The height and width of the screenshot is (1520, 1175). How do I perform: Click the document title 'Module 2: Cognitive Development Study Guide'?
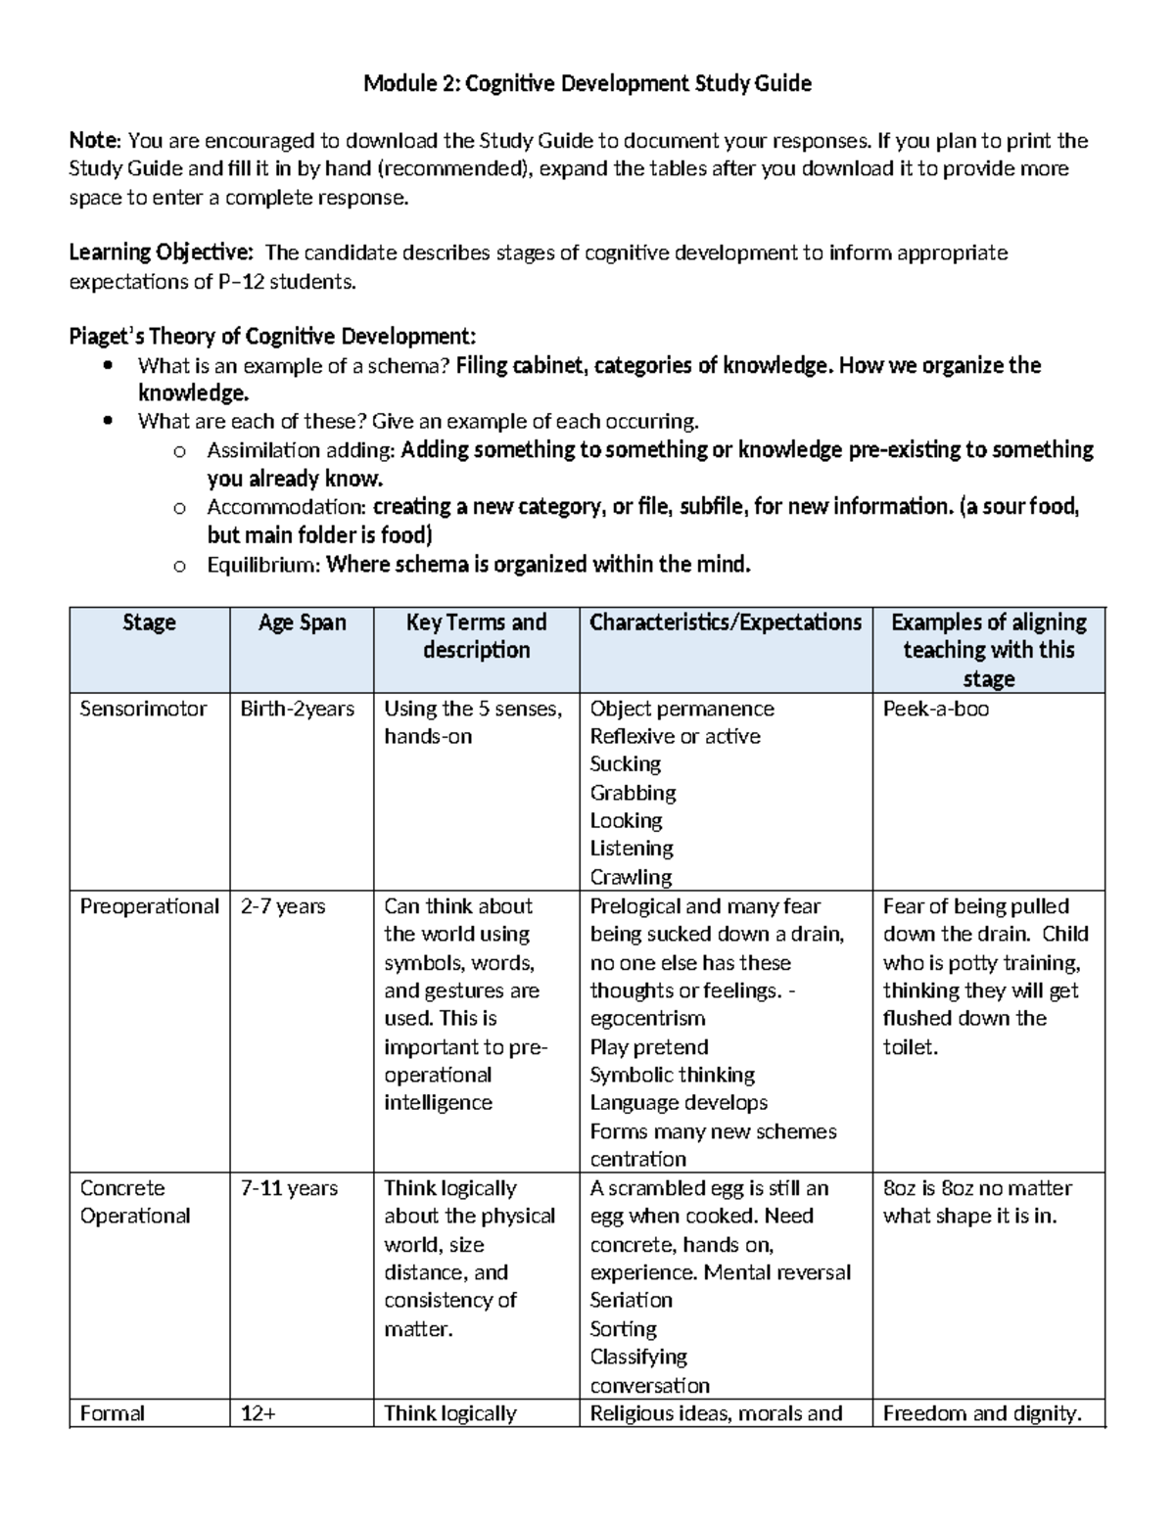(587, 84)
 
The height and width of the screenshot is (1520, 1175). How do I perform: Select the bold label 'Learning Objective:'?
(161, 253)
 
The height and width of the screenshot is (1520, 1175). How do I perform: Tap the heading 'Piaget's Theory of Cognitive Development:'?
(272, 338)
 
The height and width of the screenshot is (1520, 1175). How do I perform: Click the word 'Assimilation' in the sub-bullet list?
(263, 450)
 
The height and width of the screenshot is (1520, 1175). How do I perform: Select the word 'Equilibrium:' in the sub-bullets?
(263, 565)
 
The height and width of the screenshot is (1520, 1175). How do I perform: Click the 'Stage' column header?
(149, 622)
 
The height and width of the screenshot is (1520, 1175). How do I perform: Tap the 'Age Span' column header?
(302, 622)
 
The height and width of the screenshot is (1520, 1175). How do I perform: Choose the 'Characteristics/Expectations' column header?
(726, 622)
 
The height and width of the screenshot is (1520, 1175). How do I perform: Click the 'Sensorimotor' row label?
(143, 709)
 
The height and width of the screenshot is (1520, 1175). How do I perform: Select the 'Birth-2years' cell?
(298, 709)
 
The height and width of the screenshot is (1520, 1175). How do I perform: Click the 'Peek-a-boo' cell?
(936, 709)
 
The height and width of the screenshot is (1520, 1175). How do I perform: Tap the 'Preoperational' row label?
(149, 906)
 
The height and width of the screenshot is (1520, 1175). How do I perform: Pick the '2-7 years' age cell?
(283, 906)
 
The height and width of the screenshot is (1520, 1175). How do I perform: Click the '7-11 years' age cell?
(289, 1188)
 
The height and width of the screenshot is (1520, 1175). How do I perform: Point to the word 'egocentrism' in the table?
(647, 1019)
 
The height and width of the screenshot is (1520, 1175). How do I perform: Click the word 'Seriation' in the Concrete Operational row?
(631, 1301)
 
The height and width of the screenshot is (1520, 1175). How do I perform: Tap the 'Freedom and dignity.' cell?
(982, 1413)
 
